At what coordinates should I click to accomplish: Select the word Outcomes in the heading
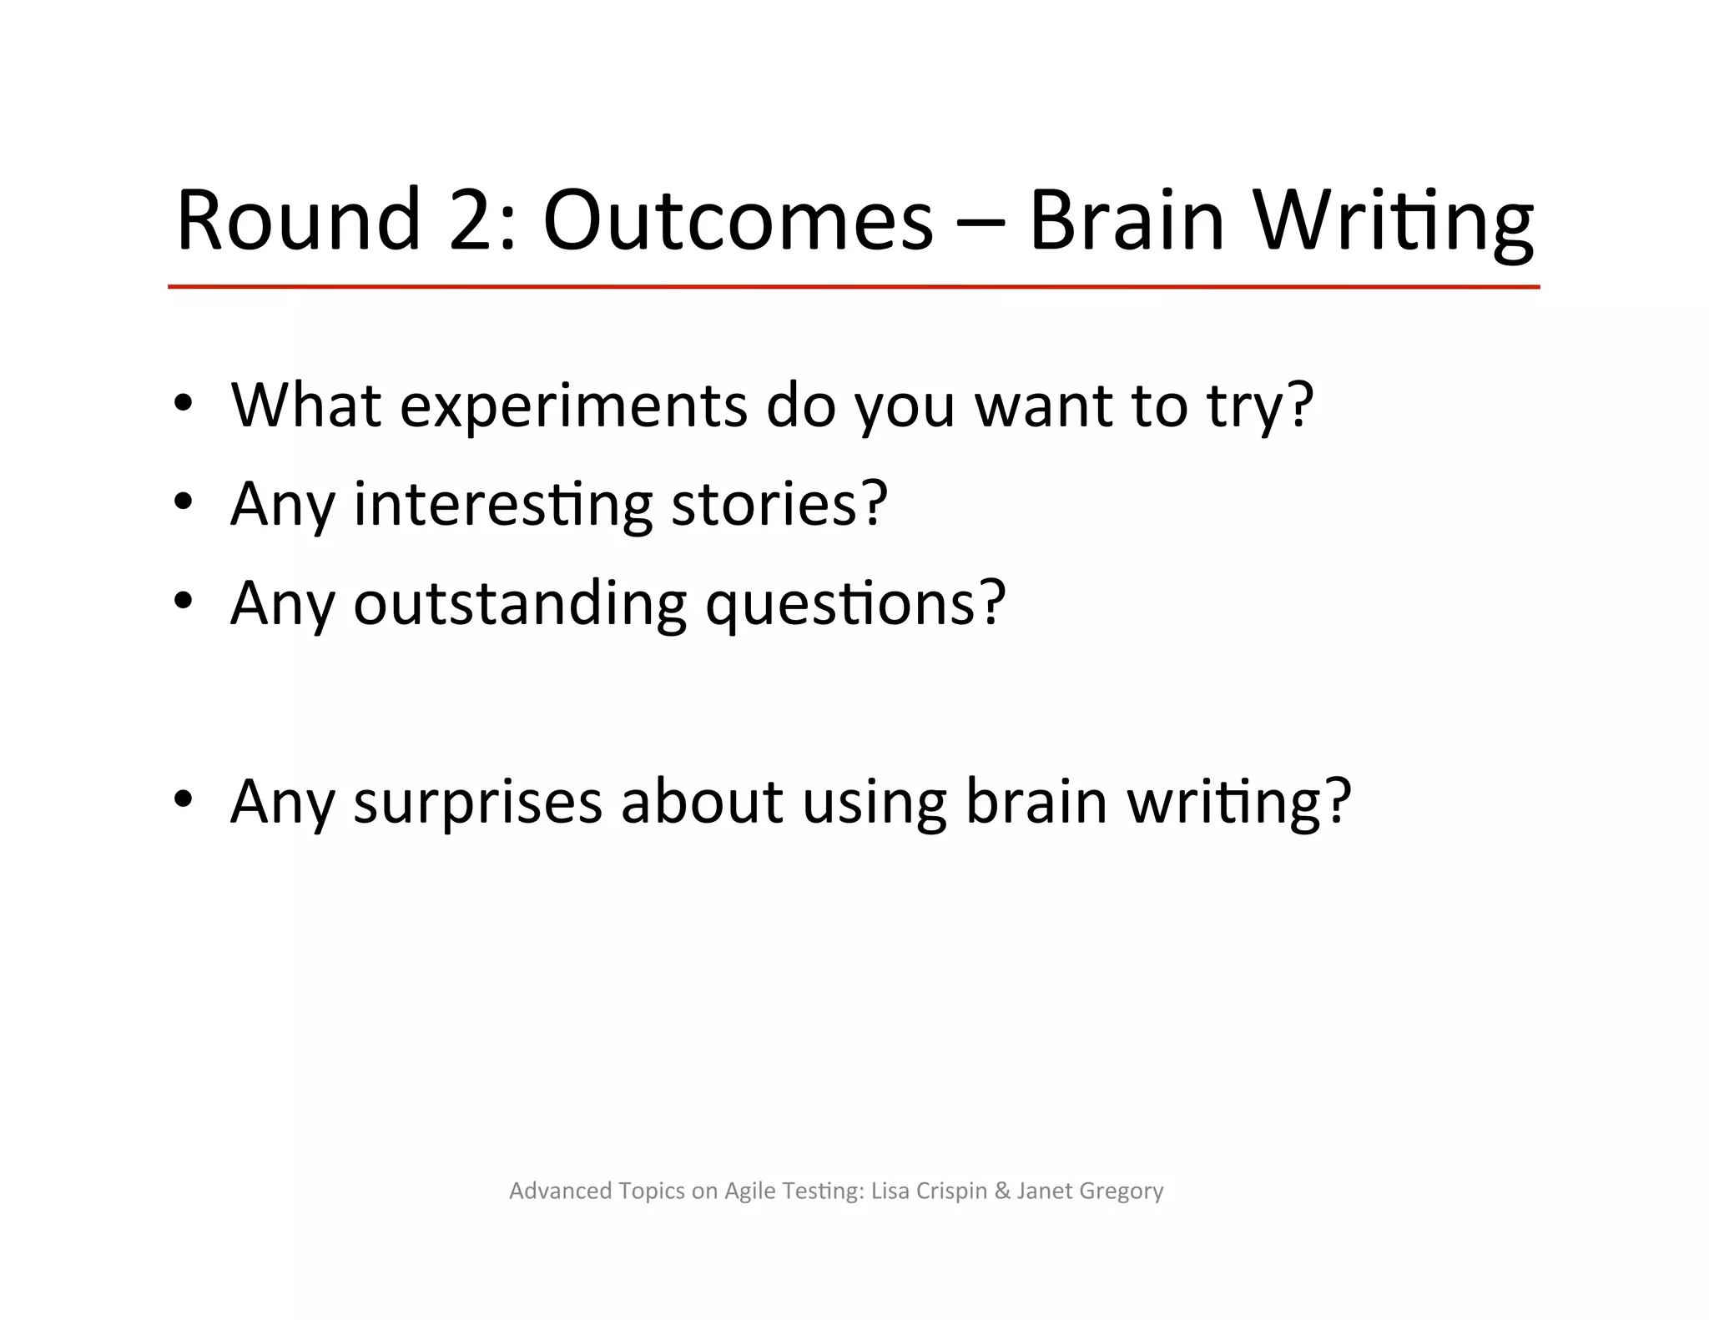[738, 219]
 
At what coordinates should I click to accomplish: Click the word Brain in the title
[1127, 219]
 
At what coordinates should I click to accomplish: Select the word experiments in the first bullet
[573, 406]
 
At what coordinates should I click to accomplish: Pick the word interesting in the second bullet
[503, 505]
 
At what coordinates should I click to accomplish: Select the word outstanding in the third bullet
[520, 602]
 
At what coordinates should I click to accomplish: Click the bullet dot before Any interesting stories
[183, 501]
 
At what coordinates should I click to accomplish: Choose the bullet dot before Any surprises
[183, 799]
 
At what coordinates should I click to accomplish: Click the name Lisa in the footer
[890, 1191]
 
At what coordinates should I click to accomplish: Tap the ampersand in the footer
[1002, 1191]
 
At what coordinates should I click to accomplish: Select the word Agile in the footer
[749, 1192]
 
